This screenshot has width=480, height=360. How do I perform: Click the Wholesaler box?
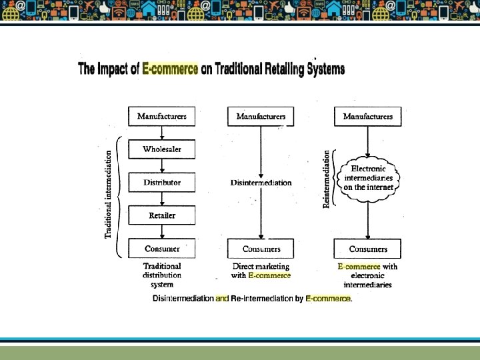pos(162,149)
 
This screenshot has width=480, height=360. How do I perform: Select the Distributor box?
pos(162,182)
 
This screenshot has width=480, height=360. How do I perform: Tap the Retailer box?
pos(162,215)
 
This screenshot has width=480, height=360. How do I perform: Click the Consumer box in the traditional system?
pos(162,249)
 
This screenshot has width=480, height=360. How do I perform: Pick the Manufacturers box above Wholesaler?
pos(162,116)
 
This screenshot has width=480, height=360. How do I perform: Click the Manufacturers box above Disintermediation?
pos(261,116)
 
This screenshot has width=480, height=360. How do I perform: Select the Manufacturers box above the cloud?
pos(368,116)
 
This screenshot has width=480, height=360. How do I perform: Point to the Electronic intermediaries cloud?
pos(369,178)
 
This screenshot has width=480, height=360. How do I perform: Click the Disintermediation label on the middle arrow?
pos(261,183)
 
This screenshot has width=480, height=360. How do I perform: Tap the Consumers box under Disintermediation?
pos(261,249)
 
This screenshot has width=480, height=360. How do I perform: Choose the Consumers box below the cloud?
pos(368,249)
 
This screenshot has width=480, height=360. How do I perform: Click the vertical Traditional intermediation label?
pos(108,193)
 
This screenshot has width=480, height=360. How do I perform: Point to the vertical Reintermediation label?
pos(327,179)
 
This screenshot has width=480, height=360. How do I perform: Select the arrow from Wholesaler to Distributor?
pos(162,165)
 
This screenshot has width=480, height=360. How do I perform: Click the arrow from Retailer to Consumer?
pos(162,231)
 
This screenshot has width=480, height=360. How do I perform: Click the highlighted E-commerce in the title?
pos(170,69)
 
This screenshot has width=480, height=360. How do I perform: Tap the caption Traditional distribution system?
pos(162,275)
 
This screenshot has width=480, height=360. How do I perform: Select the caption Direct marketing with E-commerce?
pos(261,271)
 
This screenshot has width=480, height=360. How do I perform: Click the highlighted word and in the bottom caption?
pos(222,299)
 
